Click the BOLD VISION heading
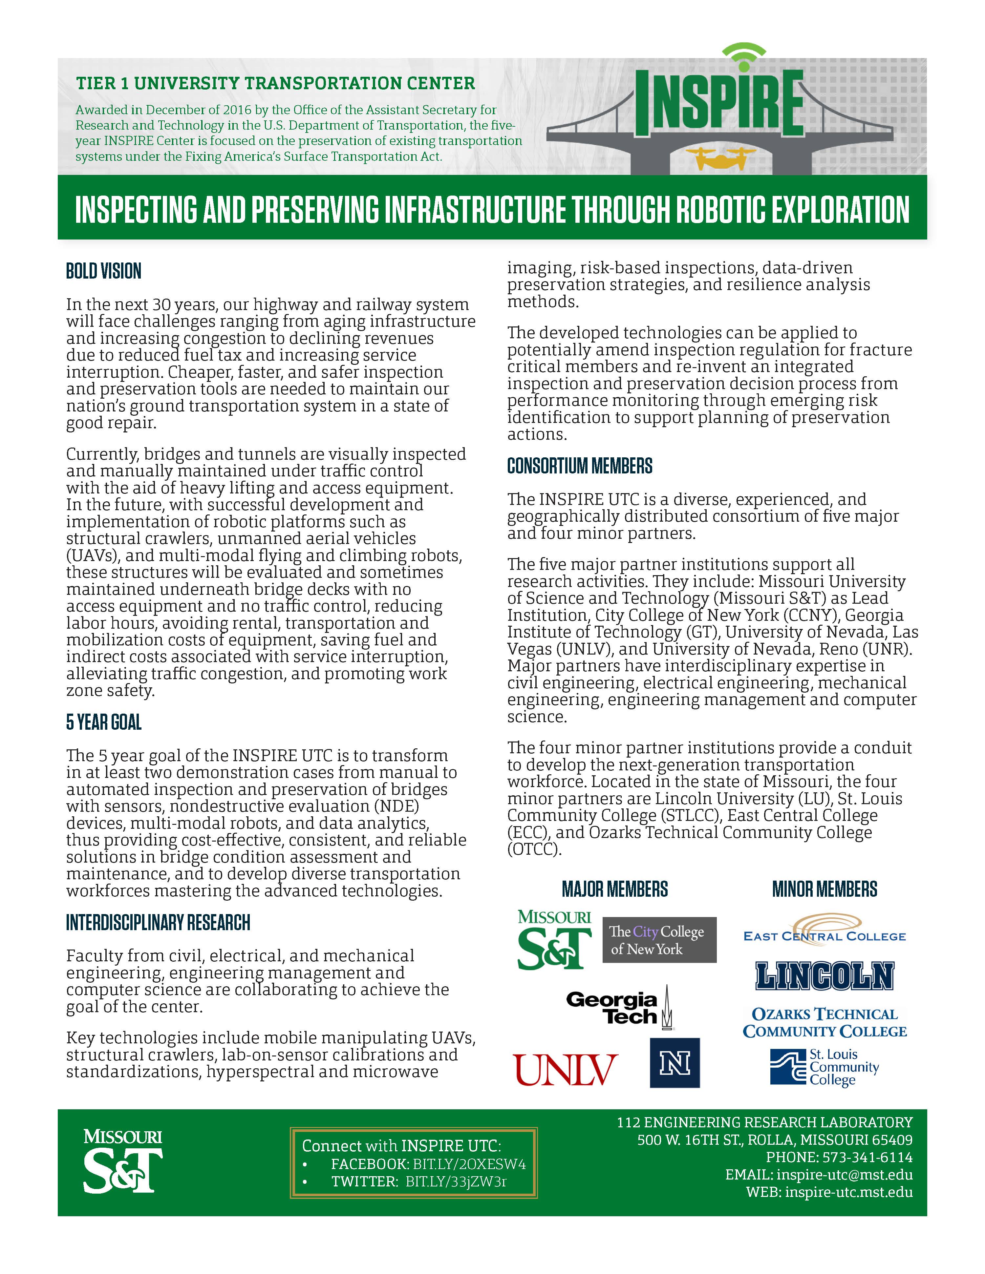[104, 271]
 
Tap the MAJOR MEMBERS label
[614, 889]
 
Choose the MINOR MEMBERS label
[824, 889]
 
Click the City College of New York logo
[659, 940]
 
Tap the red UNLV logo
[565, 1069]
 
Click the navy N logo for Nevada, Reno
[675, 1062]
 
